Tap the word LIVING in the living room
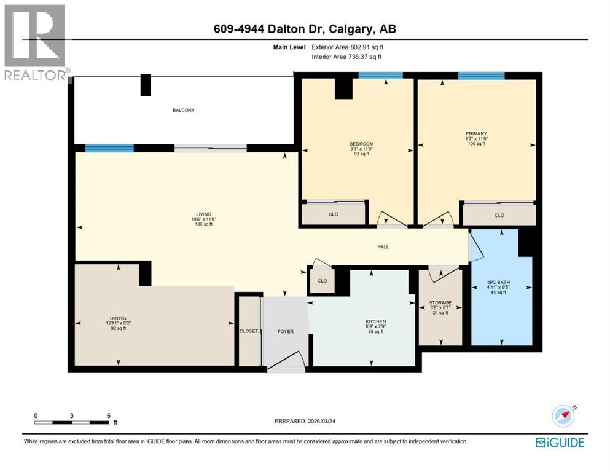pos(197,214)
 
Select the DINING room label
pos(118,318)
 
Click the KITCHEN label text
pos(375,321)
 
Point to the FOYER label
pos(285,331)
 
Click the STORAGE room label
pos(440,302)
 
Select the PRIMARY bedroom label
pos(476,133)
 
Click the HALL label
pos(383,247)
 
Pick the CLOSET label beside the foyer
pos(248,331)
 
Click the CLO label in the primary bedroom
pos(499,215)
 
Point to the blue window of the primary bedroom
pos(481,76)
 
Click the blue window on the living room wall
pos(109,148)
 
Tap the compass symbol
pos(563,415)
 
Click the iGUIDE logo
pos(560,442)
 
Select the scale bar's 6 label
pos(109,415)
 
